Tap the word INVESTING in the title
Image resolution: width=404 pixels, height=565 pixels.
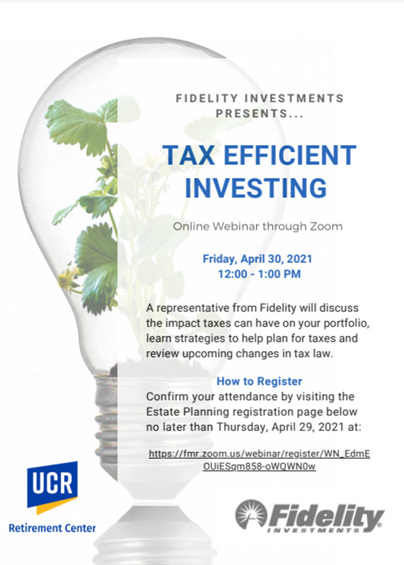(256, 188)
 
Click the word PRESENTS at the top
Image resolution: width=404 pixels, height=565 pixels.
(252, 114)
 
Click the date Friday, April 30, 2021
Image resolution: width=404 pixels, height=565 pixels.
(257, 259)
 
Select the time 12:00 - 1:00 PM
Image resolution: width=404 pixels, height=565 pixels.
(259, 274)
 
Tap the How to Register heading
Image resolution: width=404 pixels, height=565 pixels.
(259, 381)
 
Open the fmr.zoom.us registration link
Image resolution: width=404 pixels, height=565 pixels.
(260, 460)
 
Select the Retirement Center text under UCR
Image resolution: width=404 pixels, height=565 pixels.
(52, 528)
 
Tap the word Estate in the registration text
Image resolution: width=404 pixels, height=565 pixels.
(163, 412)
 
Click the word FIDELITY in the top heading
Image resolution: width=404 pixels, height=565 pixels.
(207, 99)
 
